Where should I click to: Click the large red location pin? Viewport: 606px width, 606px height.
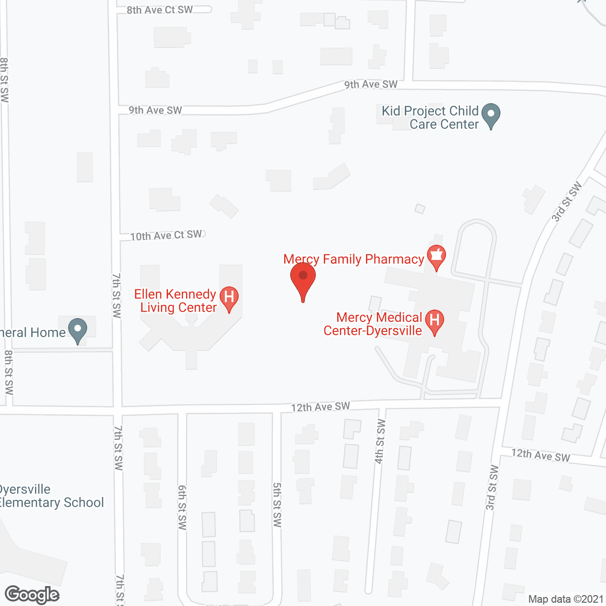303,279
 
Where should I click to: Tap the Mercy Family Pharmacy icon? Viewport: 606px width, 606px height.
436,256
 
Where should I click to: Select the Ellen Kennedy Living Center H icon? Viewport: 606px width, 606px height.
229,298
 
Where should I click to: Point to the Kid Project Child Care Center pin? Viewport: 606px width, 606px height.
491,115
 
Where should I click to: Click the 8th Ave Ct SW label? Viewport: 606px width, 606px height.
160,10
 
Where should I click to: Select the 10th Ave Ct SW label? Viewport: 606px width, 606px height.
166,235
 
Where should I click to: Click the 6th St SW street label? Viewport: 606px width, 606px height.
182,507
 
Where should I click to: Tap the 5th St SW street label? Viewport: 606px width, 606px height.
277,505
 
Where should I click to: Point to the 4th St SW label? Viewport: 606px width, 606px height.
380,441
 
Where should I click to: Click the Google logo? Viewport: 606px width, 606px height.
32,595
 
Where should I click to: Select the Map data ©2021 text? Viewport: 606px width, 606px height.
566,599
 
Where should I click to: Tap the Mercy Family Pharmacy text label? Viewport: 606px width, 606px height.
354,259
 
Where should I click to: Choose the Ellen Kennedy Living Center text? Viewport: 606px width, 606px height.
176,301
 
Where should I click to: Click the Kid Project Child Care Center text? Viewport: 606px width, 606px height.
430,117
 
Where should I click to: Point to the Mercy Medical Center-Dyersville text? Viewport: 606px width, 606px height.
373,324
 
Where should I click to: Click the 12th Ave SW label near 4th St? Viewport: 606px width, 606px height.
321,407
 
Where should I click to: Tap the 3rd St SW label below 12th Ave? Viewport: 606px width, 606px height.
492,488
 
